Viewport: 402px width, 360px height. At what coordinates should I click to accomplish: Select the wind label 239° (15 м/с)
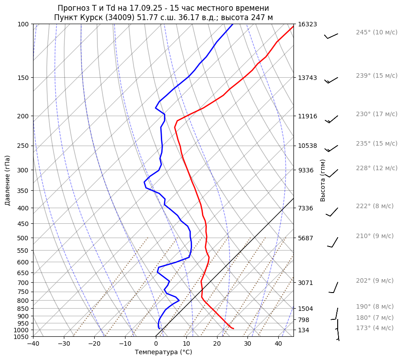pyautogui.click(x=376, y=76)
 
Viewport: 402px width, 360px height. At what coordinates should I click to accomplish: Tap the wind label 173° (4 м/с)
pyautogui.click(x=374, y=328)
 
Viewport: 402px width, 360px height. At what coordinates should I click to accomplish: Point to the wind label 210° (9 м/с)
pyautogui.click(x=374, y=236)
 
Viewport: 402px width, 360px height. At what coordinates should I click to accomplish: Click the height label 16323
pyautogui.click(x=308, y=24)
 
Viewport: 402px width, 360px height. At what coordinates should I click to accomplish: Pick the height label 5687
pyautogui.click(x=306, y=238)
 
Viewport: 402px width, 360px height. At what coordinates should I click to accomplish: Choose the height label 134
pyautogui.click(x=304, y=330)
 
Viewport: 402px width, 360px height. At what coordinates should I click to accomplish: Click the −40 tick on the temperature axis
pyautogui.click(x=33, y=344)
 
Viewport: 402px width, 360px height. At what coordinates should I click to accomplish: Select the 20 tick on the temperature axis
pyautogui.click(x=217, y=344)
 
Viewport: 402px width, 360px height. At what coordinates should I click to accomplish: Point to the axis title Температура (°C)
pyautogui.click(x=163, y=352)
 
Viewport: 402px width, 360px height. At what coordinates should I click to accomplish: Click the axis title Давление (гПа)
pyautogui.click(x=8, y=180)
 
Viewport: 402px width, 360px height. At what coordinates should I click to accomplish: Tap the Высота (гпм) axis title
pyautogui.click(x=323, y=180)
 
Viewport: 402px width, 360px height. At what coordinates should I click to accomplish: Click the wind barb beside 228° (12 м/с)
pyautogui.click(x=333, y=173)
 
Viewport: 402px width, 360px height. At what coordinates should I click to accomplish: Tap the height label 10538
pyautogui.click(x=308, y=146)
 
